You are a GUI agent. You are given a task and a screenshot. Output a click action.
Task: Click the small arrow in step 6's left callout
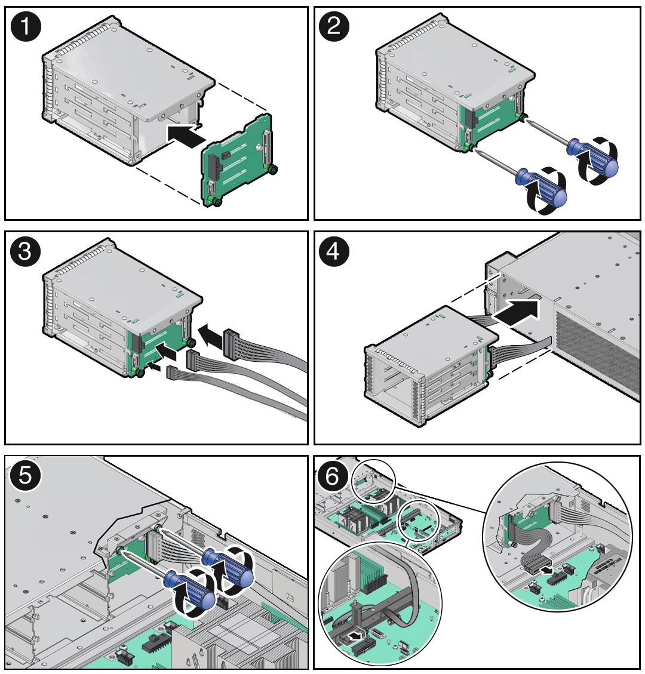(356, 636)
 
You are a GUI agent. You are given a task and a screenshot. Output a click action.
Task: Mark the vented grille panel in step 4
(597, 352)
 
